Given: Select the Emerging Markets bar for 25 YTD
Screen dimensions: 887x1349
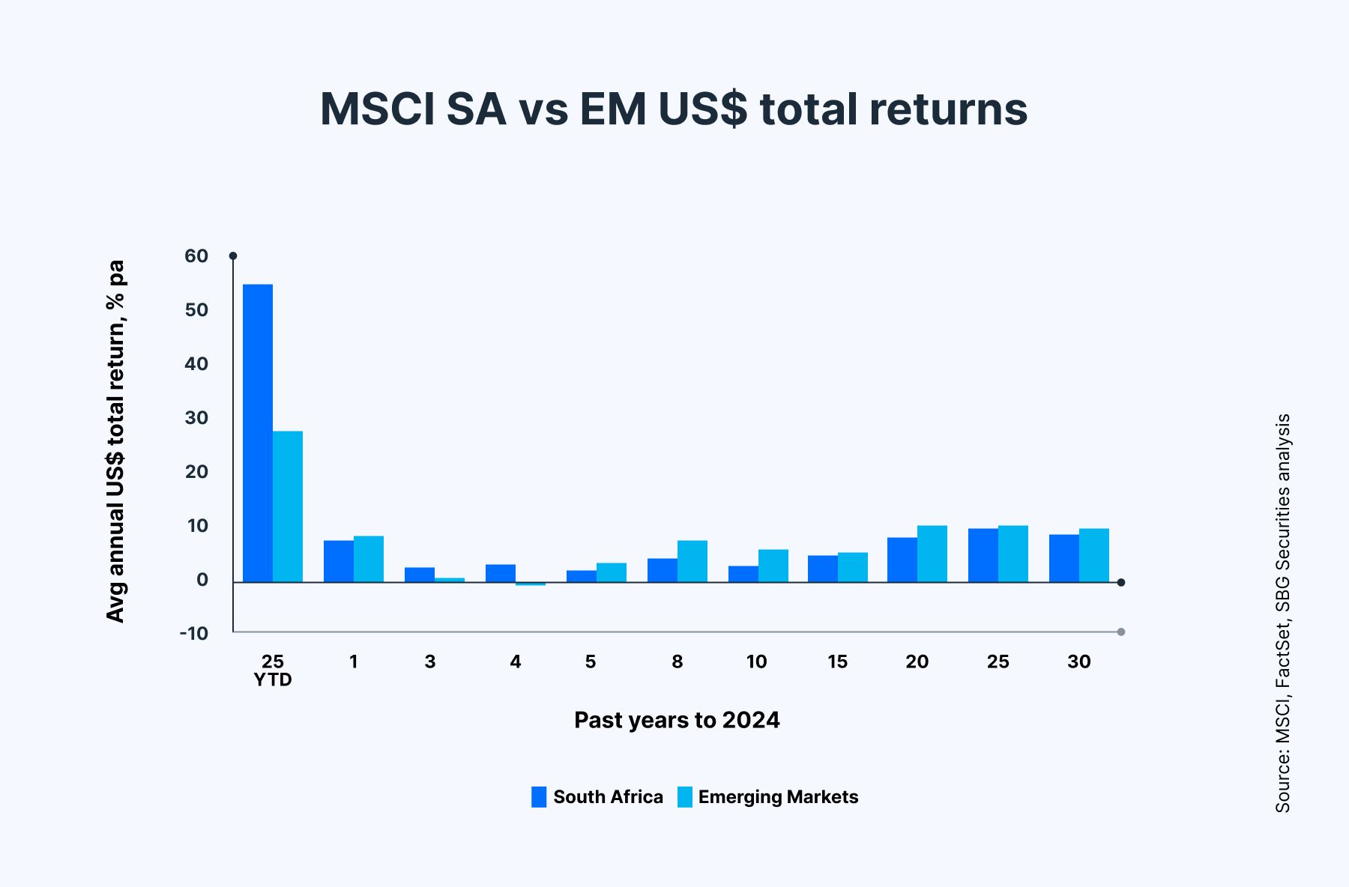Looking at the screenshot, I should [x=288, y=506].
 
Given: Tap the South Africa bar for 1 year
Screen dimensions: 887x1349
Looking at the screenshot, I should [x=339, y=561].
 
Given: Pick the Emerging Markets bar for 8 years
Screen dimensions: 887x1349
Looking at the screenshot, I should [x=692, y=561].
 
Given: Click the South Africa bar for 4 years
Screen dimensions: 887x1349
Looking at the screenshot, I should [x=501, y=573].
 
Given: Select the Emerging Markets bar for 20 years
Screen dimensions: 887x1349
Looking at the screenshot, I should [x=932, y=554].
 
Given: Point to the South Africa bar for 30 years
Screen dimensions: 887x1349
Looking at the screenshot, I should [x=1064, y=558].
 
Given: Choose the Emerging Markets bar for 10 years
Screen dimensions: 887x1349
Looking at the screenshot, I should [x=773, y=566].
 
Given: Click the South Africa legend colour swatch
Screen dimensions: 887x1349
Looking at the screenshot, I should [x=539, y=797].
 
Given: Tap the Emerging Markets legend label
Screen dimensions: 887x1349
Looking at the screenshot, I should [x=778, y=797].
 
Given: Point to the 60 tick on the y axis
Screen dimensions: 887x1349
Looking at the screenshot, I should [x=196, y=256].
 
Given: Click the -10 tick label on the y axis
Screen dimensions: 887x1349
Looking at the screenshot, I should [x=194, y=633].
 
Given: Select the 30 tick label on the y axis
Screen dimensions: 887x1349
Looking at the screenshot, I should [x=196, y=418].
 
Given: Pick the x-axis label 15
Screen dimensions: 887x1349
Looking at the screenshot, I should [x=837, y=662].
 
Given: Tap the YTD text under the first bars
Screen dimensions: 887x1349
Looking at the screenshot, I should [x=273, y=680].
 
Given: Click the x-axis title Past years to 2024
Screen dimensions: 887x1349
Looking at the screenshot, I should [x=677, y=720].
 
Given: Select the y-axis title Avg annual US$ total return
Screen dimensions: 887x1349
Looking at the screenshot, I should [x=115, y=442].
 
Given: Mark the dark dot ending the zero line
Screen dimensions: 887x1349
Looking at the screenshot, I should [x=1121, y=582].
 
